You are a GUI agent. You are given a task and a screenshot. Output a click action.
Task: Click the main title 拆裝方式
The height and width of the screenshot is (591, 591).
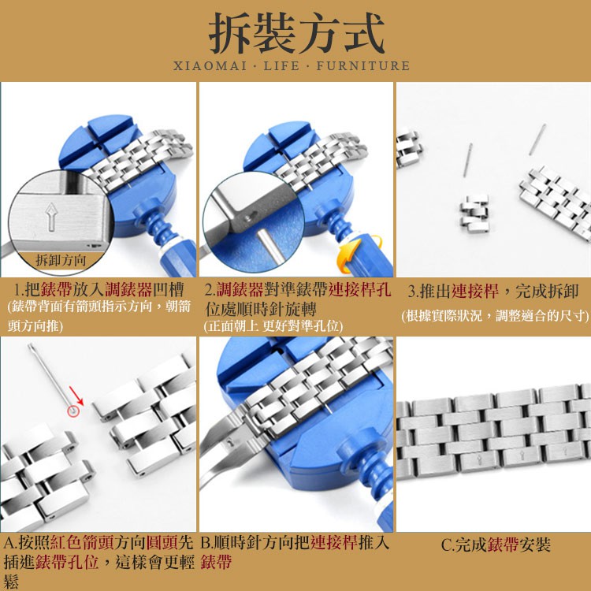(296, 33)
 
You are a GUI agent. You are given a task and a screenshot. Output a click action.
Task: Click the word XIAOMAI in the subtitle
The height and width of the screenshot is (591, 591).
(210, 66)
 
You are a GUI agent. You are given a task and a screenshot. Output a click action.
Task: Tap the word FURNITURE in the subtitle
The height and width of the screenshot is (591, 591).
(363, 66)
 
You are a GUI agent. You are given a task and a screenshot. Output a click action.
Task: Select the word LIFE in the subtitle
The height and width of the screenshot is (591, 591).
(281, 66)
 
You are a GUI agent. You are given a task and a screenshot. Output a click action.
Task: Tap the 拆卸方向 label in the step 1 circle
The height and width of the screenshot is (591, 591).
(61, 260)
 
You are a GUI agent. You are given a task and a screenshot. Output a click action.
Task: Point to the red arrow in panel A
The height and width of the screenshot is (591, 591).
(76, 396)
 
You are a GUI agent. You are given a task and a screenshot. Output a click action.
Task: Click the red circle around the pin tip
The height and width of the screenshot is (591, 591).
(73, 411)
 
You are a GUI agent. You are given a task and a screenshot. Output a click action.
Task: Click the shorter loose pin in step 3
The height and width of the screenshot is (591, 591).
(468, 160)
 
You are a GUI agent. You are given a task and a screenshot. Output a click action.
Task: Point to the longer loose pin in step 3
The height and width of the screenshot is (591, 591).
(537, 139)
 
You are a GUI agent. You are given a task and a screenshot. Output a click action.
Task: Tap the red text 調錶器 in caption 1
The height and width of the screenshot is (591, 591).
(128, 289)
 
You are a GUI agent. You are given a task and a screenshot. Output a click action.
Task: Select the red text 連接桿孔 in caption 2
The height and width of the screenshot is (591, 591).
(359, 289)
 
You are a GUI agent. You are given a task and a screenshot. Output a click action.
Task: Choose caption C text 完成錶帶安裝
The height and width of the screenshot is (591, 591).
(496, 545)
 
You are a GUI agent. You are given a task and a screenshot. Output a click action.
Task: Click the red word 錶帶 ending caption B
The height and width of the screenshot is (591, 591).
(216, 562)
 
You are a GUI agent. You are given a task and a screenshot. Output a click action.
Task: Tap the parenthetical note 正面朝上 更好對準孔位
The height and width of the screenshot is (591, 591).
(273, 326)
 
